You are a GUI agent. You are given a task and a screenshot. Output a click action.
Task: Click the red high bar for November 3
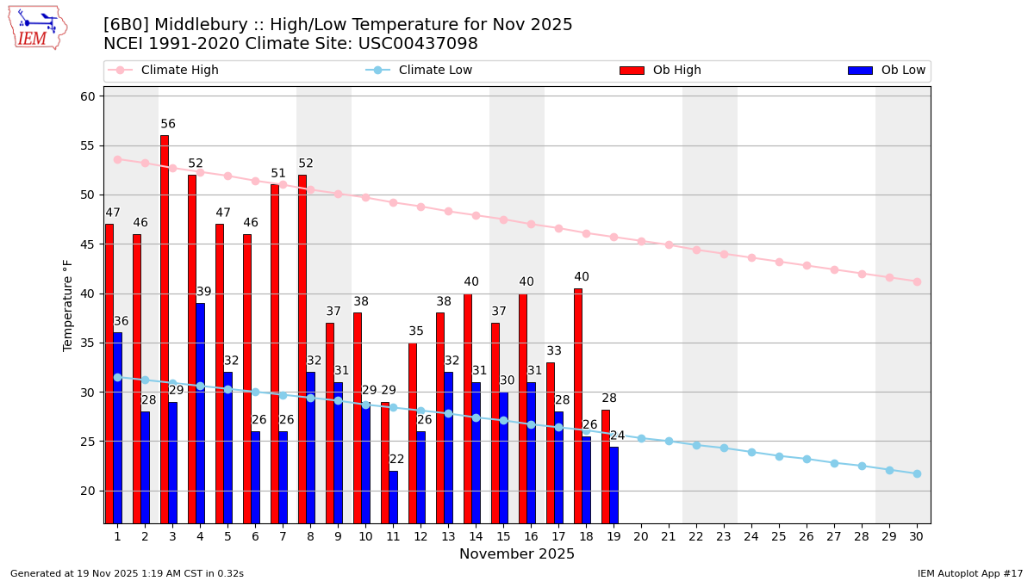click(x=165, y=327)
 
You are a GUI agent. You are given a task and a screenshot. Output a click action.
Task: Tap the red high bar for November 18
click(x=578, y=405)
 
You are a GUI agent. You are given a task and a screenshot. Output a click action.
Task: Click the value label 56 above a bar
click(x=168, y=124)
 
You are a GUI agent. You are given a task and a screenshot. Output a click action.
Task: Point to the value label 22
click(x=396, y=460)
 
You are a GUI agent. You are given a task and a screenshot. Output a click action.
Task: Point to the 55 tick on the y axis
click(x=88, y=145)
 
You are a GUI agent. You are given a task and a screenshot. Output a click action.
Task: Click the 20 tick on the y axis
click(x=88, y=491)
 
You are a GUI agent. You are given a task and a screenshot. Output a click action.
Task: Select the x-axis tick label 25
click(x=779, y=536)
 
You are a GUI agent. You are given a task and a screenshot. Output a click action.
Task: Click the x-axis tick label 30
click(x=917, y=536)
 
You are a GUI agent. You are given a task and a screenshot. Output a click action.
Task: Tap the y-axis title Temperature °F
click(x=68, y=305)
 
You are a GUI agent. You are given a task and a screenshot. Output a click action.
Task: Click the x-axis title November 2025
click(x=517, y=554)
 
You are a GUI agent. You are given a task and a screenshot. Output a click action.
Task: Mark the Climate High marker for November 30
click(x=917, y=281)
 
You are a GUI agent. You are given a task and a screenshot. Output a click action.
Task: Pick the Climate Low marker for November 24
click(x=751, y=452)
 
